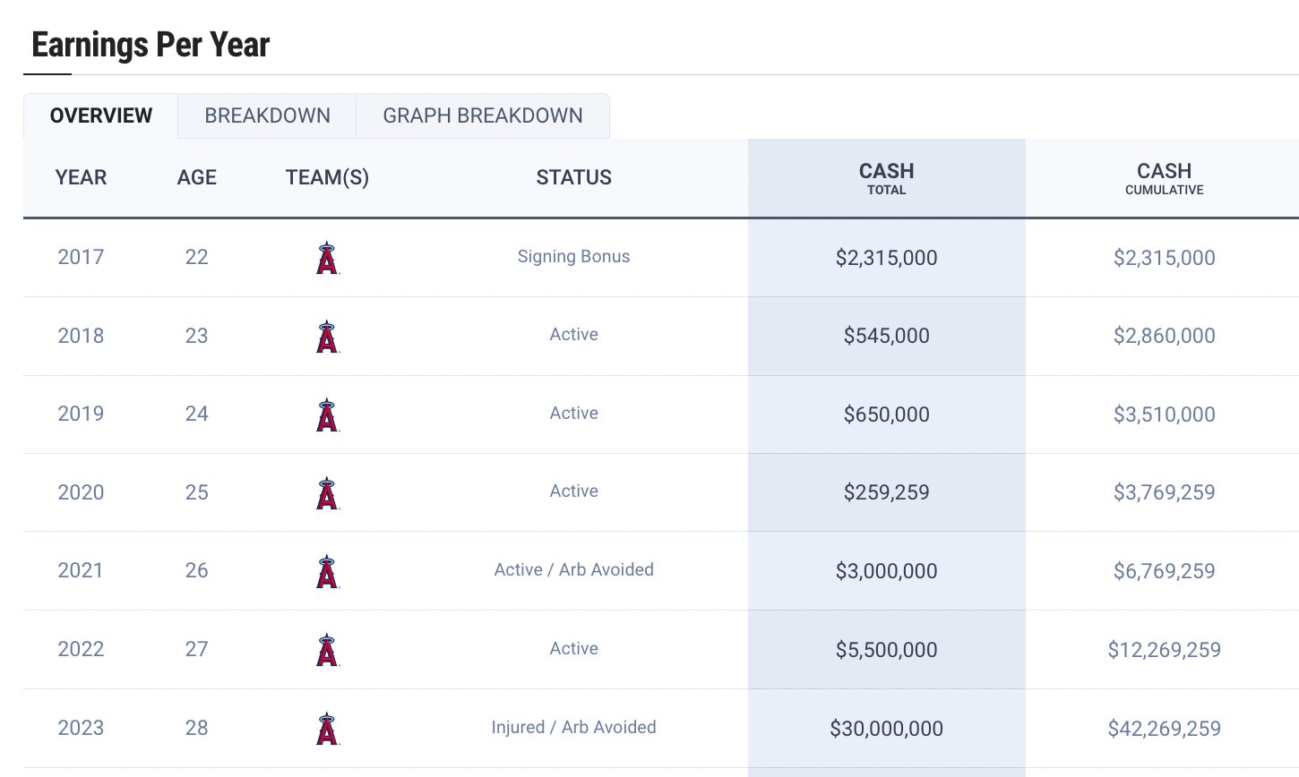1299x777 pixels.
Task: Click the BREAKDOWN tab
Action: (267, 115)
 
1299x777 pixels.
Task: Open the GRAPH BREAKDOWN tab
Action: (482, 115)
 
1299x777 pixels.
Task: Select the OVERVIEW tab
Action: (101, 115)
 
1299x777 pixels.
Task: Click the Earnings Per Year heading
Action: (151, 45)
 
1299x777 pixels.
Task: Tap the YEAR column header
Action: (81, 177)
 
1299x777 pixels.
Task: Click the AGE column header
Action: (197, 177)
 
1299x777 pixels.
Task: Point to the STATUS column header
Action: (573, 177)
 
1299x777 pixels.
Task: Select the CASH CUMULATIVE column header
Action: (1164, 177)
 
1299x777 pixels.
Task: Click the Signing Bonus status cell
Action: (573, 257)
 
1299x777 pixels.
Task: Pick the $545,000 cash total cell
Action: (886, 336)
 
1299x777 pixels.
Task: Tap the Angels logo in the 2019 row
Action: (327, 414)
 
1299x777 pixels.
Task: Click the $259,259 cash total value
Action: (886, 492)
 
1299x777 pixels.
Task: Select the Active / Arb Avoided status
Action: (573, 570)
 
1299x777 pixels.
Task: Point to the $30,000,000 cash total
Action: (886, 729)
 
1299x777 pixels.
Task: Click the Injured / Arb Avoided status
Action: (573, 728)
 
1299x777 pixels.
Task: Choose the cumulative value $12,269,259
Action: (1164, 650)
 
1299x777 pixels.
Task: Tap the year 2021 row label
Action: (81, 570)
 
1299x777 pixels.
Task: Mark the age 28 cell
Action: (197, 728)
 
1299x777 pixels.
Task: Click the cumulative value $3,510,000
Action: (1164, 414)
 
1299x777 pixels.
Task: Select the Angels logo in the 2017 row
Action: (327, 258)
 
